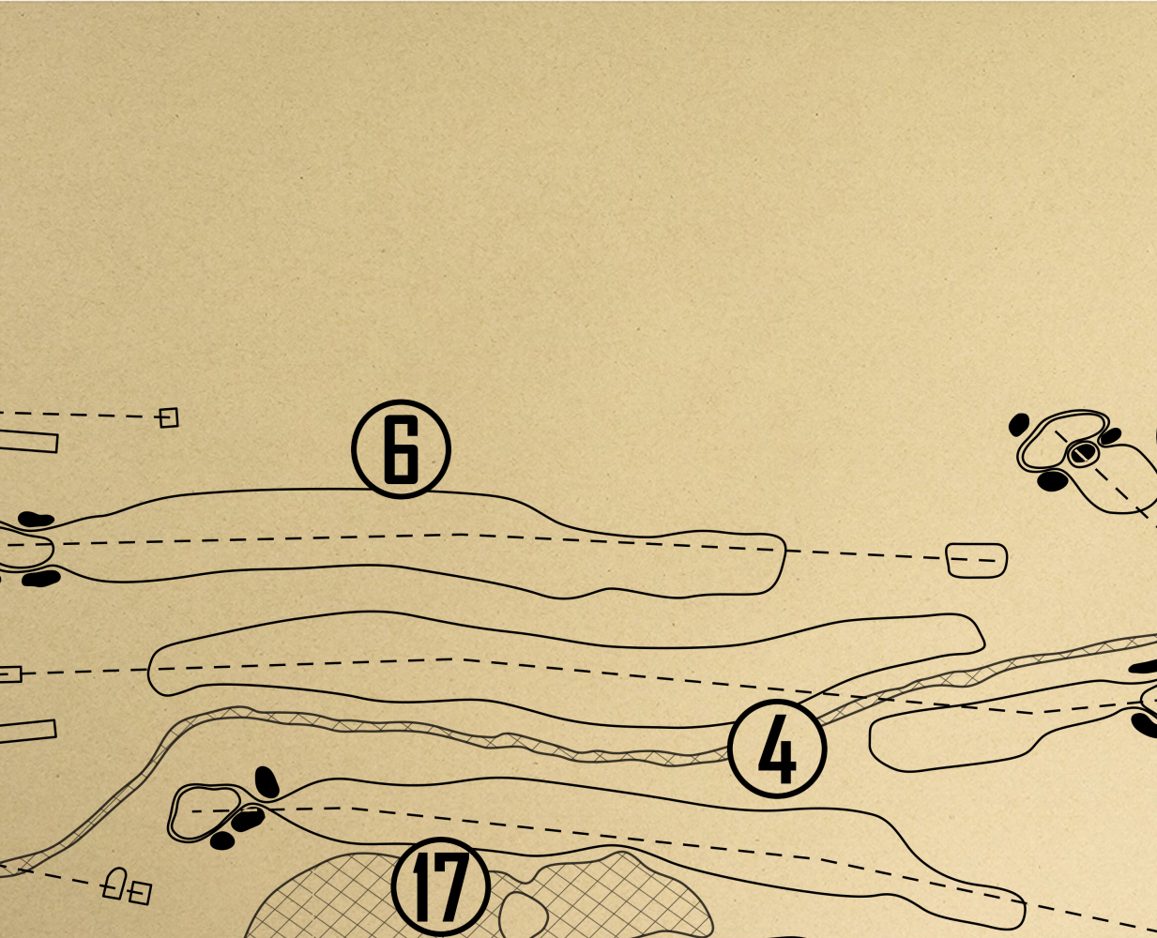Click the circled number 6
(x=401, y=449)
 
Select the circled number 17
(x=440, y=887)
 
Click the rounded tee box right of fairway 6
(x=977, y=560)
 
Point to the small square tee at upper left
(x=169, y=418)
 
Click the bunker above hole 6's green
(x=36, y=519)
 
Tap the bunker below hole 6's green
(x=41, y=578)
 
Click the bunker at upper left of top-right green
(x=1019, y=425)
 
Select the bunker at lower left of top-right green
(x=1053, y=481)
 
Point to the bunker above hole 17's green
(x=266, y=782)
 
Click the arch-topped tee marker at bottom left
(x=114, y=884)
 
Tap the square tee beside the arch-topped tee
(x=140, y=892)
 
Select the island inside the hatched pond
(x=524, y=915)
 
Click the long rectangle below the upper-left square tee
(x=28, y=441)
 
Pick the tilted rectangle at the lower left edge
(x=27, y=732)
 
